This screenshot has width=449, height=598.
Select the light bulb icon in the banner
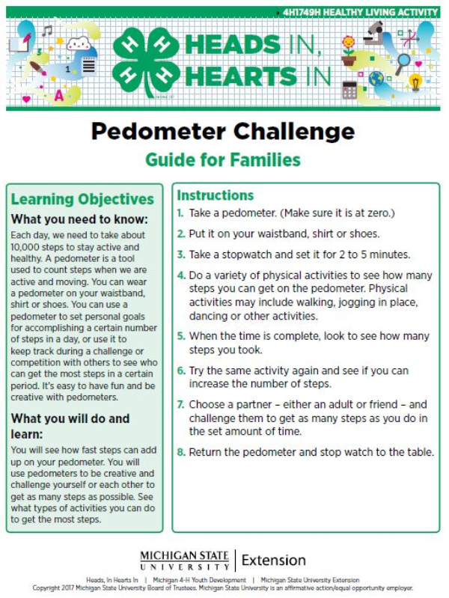pyautogui.click(x=416, y=81)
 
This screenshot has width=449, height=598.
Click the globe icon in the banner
pyautogui.click(x=376, y=78)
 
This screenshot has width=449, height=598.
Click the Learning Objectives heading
pyautogui.click(x=82, y=199)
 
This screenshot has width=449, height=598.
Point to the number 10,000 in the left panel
pyautogui.click(x=28, y=246)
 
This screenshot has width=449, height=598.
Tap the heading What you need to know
pyautogui.click(x=79, y=219)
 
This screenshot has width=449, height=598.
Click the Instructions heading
pyautogui.click(x=216, y=195)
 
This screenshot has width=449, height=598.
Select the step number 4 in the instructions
pyautogui.click(x=180, y=275)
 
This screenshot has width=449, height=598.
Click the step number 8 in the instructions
pyautogui.click(x=180, y=452)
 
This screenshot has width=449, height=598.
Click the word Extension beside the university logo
pyautogui.click(x=274, y=560)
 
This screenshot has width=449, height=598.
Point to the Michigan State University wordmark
pyautogui.click(x=186, y=560)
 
